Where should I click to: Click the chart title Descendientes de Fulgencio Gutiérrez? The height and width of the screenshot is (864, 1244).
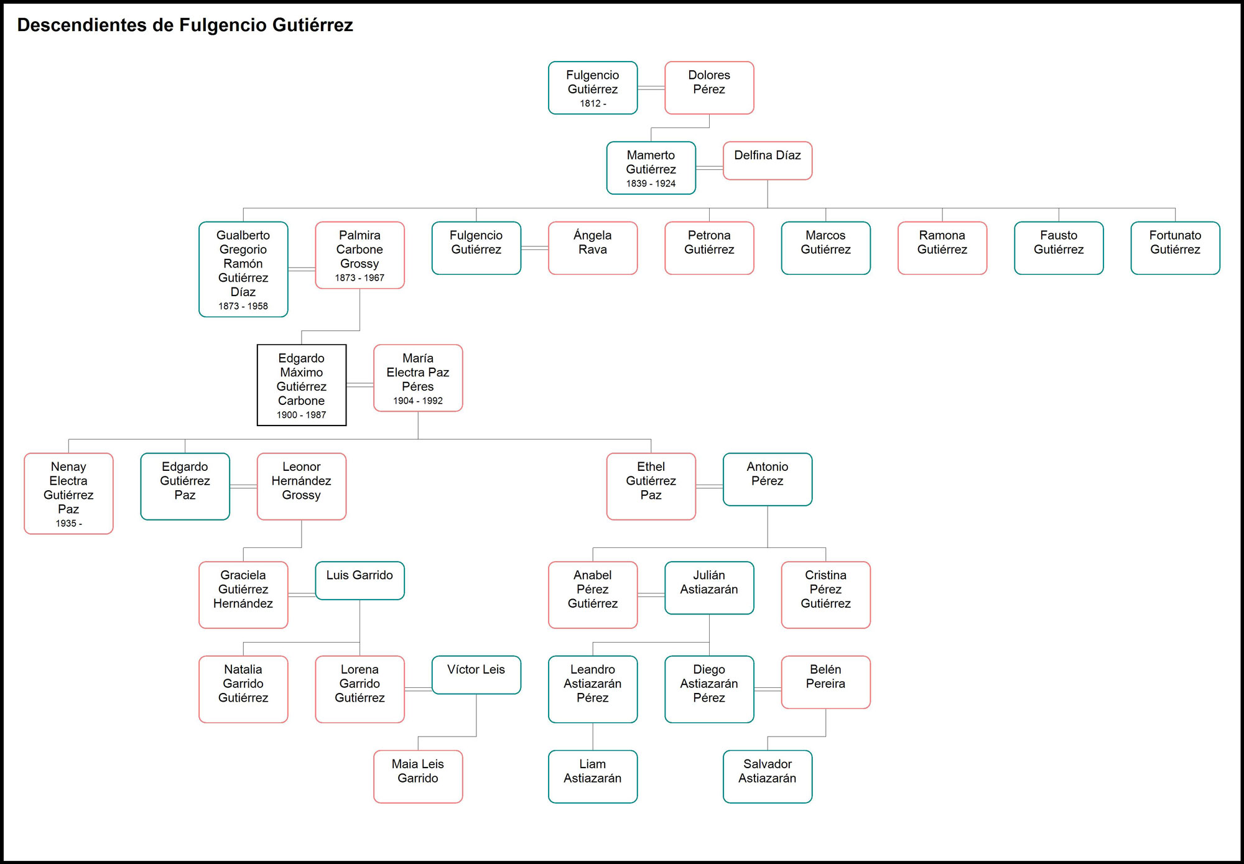point(185,25)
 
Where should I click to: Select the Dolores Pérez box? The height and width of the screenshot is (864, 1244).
point(709,88)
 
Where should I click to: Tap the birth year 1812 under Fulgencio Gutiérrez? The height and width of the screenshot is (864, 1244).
point(593,104)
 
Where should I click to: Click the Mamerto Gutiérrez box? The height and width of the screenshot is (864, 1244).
point(651,168)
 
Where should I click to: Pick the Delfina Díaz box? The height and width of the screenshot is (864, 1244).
point(767,160)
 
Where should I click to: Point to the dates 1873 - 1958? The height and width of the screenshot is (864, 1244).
point(243,306)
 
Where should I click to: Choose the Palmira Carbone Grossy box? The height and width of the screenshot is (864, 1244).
point(360,255)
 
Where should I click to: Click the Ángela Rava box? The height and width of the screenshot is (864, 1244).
point(593,248)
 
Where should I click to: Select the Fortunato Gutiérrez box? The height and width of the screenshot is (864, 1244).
point(1175,248)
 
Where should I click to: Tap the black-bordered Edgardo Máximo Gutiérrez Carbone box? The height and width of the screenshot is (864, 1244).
point(302,385)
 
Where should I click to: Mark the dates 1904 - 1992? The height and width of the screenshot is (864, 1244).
point(418,401)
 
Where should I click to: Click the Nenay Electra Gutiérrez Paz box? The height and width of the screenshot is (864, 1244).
point(68,493)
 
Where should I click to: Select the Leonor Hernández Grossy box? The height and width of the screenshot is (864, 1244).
point(302,486)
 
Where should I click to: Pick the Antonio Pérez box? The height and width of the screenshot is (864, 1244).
point(767,479)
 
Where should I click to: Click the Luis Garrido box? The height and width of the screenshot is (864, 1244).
point(360,580)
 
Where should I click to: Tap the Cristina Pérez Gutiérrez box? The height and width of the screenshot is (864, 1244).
point(825,595)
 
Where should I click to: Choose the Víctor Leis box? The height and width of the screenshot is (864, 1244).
point(476,675)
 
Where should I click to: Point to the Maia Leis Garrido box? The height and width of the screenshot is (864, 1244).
point(418,776)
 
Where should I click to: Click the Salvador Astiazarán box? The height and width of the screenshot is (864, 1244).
point(767,776)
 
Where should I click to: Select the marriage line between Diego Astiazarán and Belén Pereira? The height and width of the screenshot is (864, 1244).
point(768,689)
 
